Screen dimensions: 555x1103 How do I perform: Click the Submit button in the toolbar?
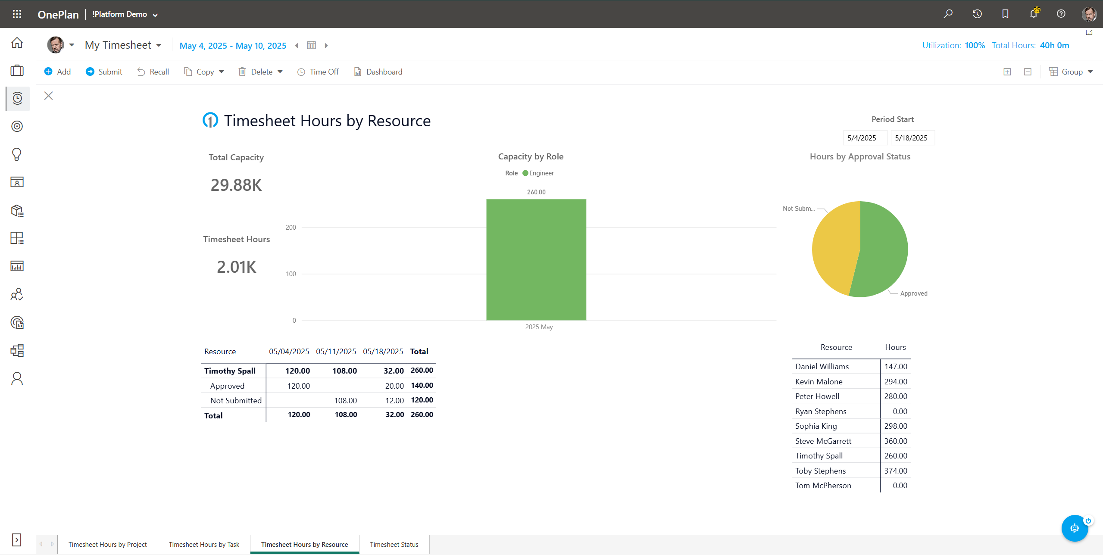(104, 72)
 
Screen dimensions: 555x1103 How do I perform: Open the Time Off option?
(318, 72)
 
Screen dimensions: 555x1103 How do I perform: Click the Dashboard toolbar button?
(378, 72)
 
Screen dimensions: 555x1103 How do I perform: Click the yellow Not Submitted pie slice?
(834, 248)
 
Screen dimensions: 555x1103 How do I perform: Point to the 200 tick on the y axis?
(291, 228)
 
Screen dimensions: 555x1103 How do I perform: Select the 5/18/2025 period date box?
(912, 138)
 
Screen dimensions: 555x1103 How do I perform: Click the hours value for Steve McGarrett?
(895, 441)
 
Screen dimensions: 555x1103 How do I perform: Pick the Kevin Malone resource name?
(819, 381)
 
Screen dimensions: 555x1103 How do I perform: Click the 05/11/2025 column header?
(336, 351)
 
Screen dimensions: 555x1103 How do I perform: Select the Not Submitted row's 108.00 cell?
(345, 400)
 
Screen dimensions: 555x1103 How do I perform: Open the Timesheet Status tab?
(394, 544)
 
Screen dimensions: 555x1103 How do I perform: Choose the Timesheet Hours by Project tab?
(107, 544)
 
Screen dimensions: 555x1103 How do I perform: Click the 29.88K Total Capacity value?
(236, 185)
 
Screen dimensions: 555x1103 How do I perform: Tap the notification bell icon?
(1033, 14)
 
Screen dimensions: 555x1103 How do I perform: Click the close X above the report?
(48, 96)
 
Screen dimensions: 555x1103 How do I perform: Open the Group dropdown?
(1071, 72)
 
